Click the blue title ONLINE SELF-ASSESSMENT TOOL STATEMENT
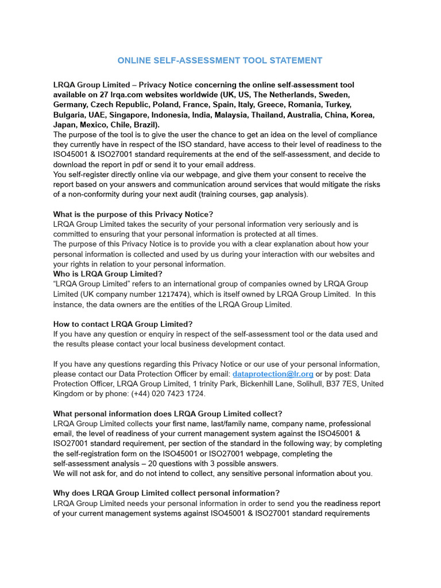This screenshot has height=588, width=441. (220, 60)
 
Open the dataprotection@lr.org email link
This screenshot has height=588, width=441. (273, 374)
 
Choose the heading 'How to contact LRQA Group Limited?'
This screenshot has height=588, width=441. (123, 324)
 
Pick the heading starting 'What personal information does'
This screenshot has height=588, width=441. (168, 413)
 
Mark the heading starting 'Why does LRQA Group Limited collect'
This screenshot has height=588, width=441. (167, 493)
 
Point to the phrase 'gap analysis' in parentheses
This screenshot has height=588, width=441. (281, 194)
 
